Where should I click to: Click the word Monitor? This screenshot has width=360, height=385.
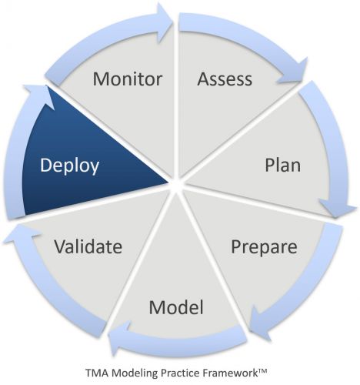(128, 79)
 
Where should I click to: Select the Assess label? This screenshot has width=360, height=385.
(225, 79)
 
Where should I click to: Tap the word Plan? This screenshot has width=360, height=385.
(282, 165)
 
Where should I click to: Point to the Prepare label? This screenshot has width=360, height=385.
(264, 247)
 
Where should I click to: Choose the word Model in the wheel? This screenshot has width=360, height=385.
(176, 307)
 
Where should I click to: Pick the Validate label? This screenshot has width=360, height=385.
(88, 246)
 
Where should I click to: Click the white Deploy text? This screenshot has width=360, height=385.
(69, 166)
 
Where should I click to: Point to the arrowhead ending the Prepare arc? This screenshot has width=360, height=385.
(260, 322)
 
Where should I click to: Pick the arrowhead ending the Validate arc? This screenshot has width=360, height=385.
(22, 234)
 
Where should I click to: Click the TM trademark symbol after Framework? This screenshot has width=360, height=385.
(262, 370)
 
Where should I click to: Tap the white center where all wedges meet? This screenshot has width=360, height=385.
(176, 184)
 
